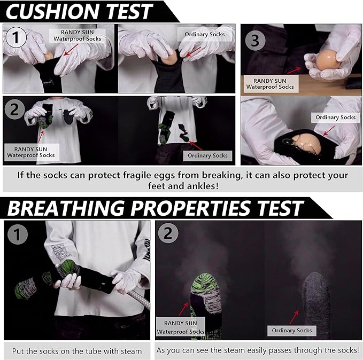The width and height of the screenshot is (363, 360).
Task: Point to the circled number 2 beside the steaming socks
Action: (168, 233)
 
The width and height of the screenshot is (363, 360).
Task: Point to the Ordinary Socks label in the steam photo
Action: (291, 331)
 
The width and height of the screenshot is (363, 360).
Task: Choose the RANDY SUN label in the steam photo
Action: (180, 327)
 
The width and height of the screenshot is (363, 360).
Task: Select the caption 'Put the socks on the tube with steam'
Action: (77, 351)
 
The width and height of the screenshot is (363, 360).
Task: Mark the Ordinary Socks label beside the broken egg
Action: (335, 117)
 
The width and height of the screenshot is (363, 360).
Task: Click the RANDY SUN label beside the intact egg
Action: (270, 83)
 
